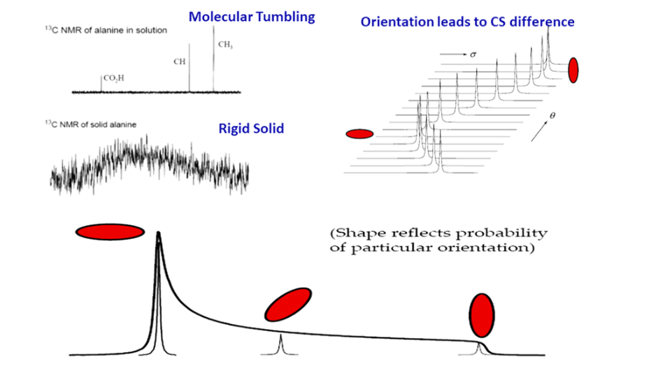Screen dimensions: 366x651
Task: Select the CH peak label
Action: [180, 61]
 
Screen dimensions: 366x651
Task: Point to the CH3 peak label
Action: [225, 45]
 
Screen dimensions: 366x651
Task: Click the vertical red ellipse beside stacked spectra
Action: [573, 69]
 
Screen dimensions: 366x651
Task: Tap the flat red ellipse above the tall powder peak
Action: [109, 232]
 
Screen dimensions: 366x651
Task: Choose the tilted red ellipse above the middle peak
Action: [287, 307]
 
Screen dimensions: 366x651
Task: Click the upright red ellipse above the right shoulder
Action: [482, 315]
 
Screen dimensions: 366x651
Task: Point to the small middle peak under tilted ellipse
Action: [280, 344]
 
